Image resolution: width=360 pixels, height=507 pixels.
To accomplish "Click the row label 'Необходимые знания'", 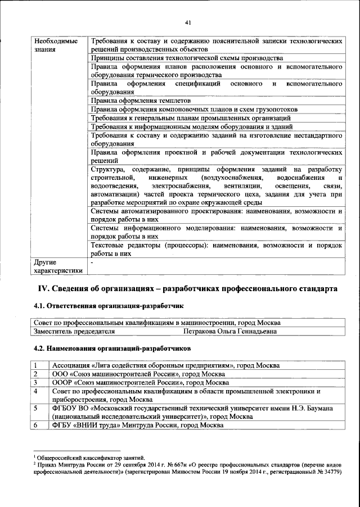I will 56,46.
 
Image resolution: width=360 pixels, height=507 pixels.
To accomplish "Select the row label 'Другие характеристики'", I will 58,266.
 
